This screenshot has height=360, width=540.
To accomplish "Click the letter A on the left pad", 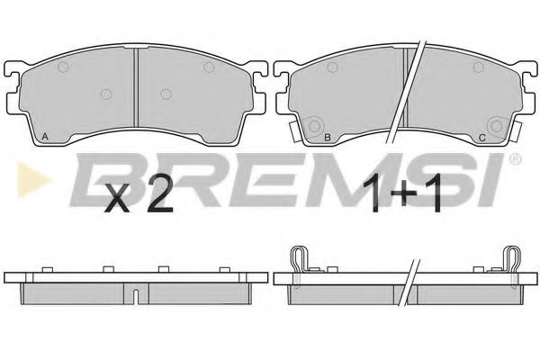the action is click(44, 137).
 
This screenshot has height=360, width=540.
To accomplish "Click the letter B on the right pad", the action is click(328, 138).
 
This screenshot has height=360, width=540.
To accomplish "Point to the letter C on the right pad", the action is click(482, 138).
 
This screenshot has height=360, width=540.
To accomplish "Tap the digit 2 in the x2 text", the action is click(158, 193).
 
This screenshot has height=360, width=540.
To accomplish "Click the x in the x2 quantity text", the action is click(117, 198).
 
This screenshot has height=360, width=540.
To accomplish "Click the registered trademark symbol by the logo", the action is click(515, 158).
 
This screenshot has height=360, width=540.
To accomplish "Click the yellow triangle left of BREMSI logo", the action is click(32, 180).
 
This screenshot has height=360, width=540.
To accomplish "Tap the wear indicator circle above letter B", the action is click(314, 126).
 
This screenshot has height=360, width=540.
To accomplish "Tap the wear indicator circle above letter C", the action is click(496, 126).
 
